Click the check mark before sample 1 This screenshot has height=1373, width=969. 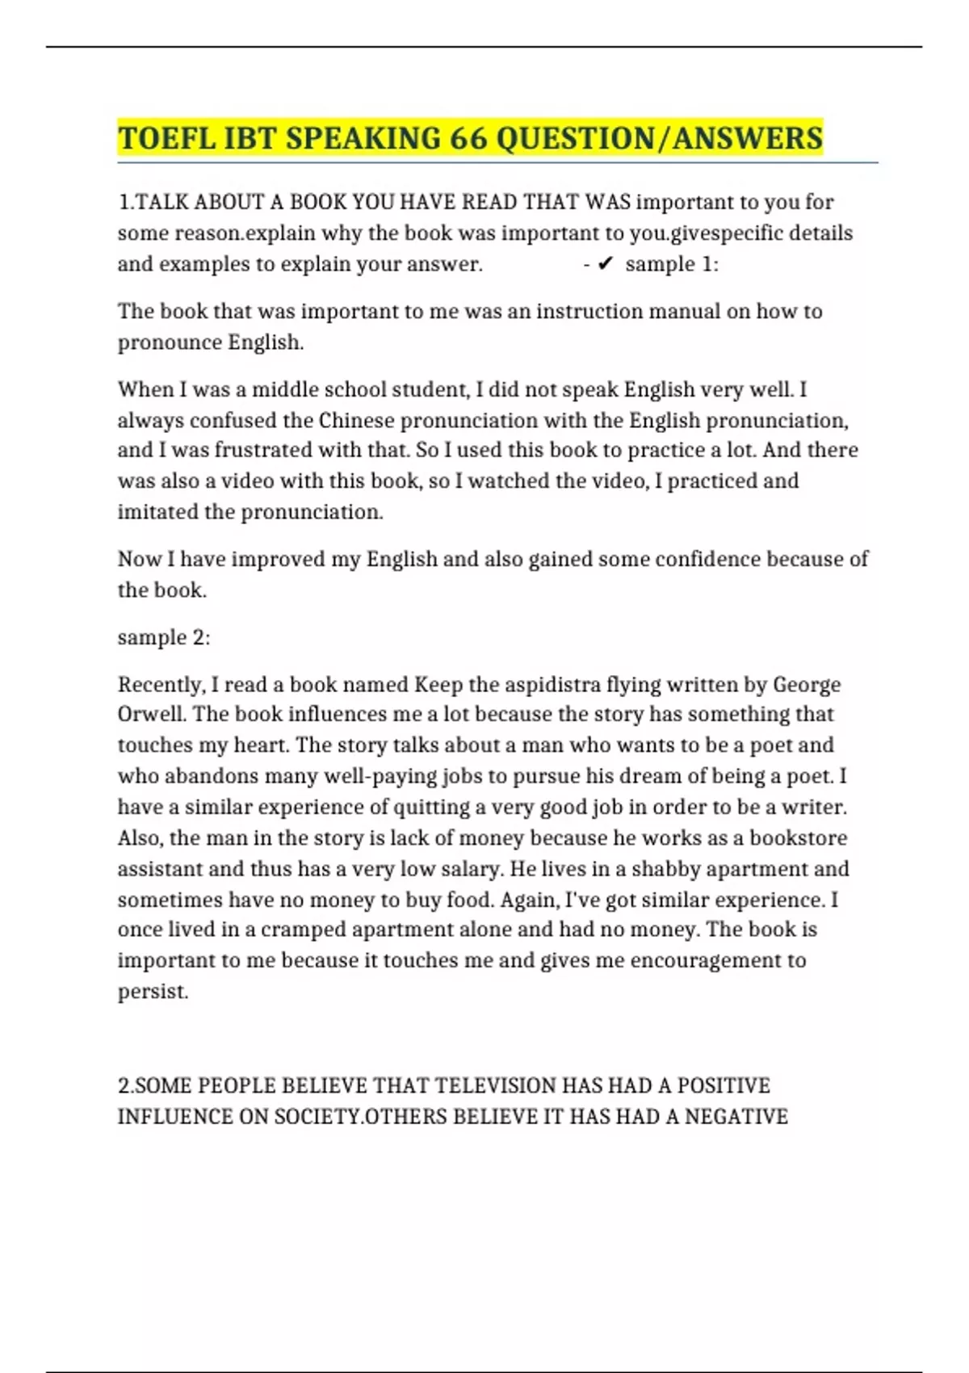[x=606, y=264]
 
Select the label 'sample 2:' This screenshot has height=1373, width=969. [x=164, y=637]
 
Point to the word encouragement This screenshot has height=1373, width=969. [x=707, y=960]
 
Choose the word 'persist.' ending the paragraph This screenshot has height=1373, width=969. [x=153, y=991]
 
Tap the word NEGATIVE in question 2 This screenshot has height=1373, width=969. [x=736, y=1116]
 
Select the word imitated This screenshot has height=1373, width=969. [x=160, y=512]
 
